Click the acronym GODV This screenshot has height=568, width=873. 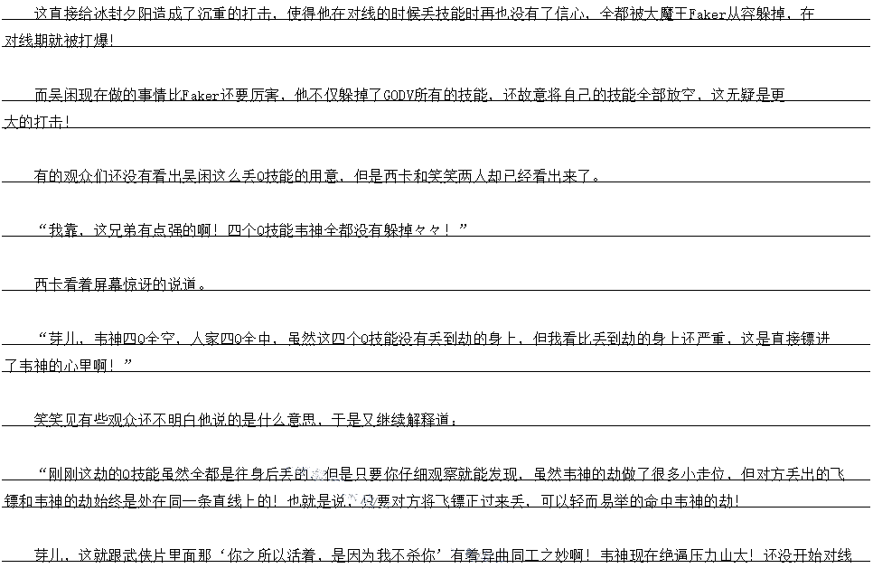[x=399, y=95]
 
